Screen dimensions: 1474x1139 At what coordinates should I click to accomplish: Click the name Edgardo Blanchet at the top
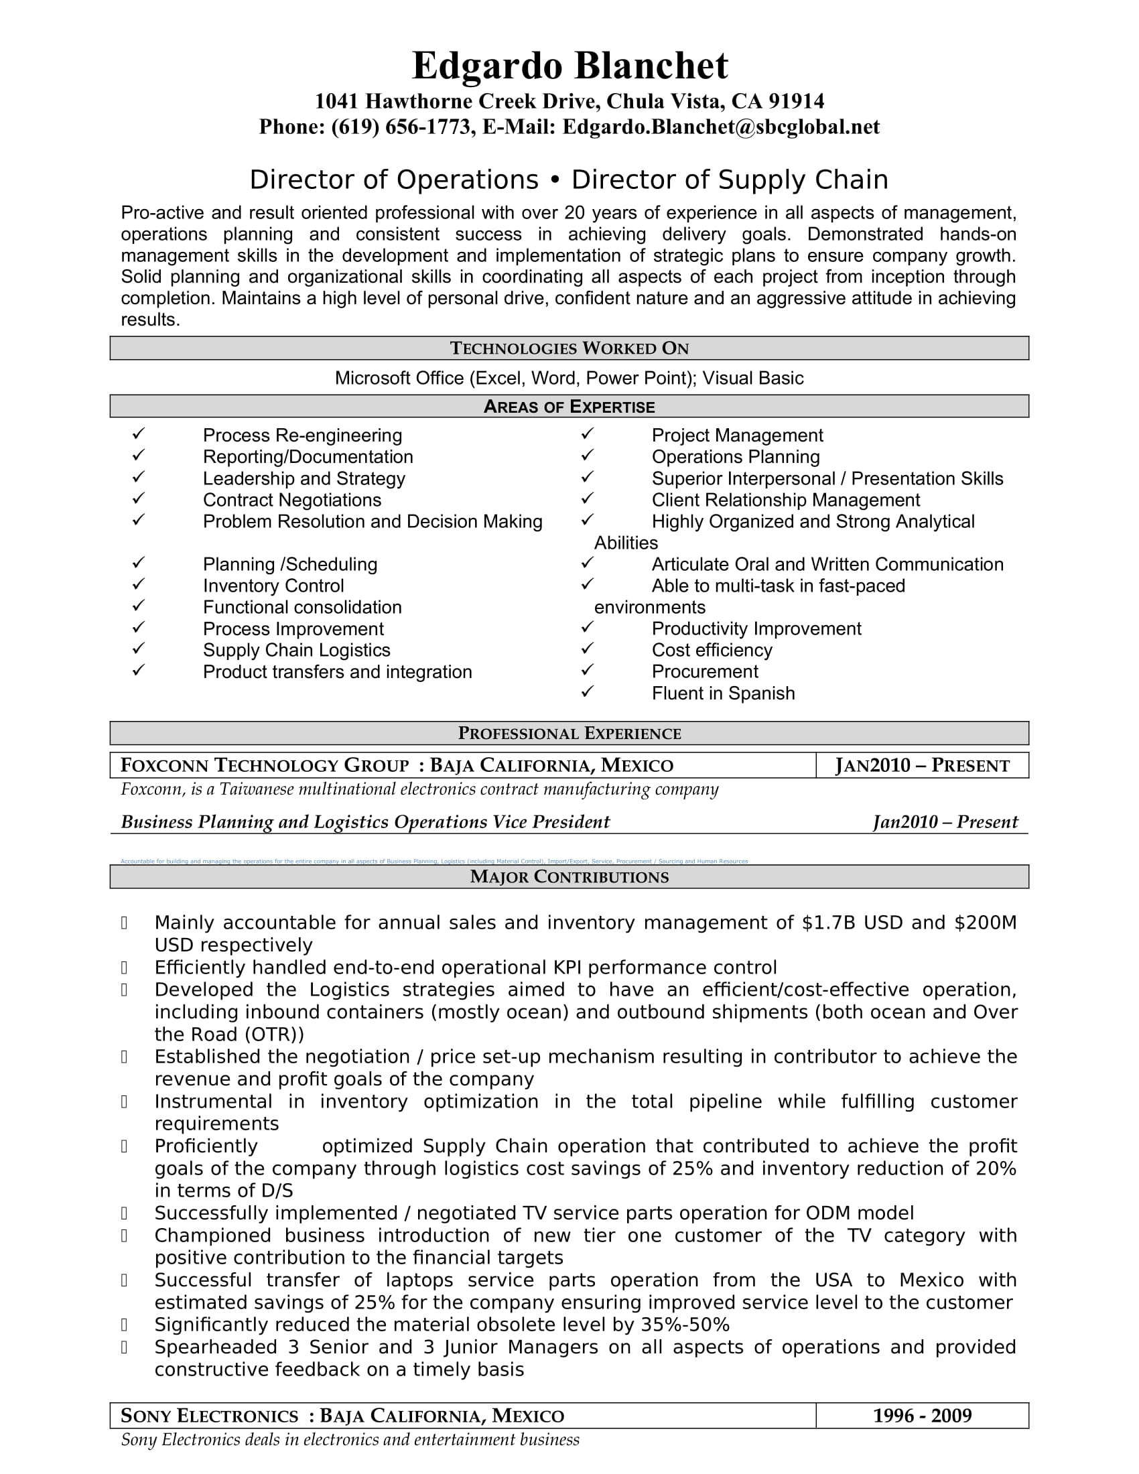click(569, 66)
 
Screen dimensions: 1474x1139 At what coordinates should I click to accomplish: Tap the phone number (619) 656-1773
click(401, 127)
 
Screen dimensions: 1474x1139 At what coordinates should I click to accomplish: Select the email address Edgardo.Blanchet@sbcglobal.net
click(721, 127)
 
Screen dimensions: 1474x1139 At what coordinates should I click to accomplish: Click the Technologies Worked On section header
click(569, 348)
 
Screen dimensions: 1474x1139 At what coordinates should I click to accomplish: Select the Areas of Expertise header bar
click(569, 406)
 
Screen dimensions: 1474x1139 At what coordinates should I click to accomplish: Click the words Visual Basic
click(752, 378)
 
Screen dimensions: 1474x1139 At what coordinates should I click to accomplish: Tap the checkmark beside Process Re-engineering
click(138, 433)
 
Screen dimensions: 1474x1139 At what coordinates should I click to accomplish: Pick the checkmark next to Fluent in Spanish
click(587, 691)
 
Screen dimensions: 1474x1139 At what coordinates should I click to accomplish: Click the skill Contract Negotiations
click(291, 500)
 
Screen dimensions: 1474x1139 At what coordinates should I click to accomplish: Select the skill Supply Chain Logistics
click(296, 650)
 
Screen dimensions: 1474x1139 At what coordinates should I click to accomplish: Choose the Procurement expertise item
click(704, 671)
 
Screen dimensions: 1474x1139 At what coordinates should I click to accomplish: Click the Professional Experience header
click(569, 734)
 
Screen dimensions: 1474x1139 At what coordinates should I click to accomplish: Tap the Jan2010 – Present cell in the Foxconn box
click(922, 765)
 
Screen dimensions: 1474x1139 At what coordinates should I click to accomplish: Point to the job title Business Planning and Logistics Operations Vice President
click(365, 822)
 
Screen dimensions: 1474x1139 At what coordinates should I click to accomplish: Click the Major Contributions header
click(569, 877)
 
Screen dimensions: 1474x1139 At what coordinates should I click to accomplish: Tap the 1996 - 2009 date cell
click(922, 1416)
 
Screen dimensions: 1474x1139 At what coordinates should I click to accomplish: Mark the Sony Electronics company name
click(209, 1416)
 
